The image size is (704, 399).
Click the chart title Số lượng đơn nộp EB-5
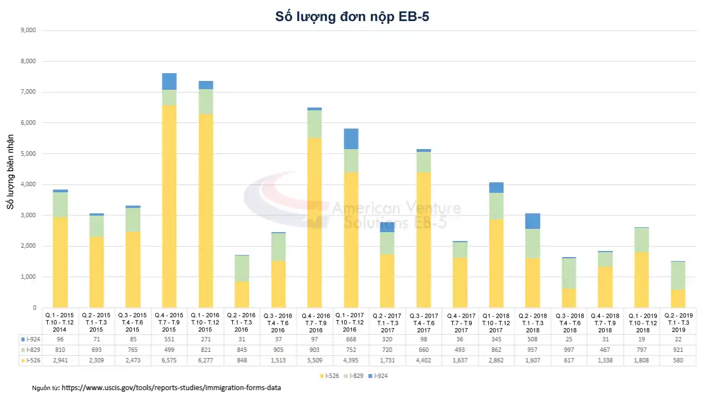click(352, 17)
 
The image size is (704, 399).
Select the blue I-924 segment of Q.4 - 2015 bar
click(169, 81)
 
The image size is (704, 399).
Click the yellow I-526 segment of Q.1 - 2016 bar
click(205, 211)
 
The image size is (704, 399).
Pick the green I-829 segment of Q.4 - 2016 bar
click(314, 124)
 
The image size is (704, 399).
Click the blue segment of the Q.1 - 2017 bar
click(350, 139)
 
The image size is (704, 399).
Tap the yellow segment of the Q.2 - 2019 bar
click(674, 298)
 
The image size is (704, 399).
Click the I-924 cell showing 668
click(350, 339)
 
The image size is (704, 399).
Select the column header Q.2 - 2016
click(242, 323)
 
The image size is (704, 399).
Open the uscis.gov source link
click(171, 388)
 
